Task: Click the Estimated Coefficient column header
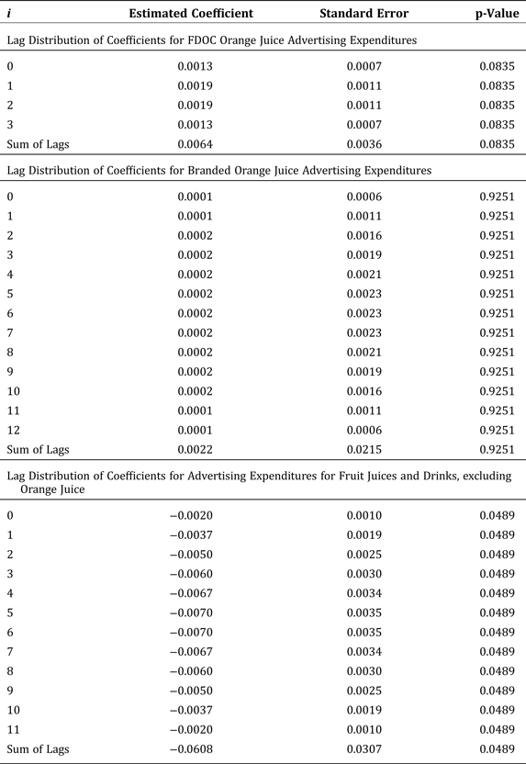click(191, 14)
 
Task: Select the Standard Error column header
click(364, 14)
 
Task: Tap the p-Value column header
click(498, 14)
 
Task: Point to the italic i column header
click(9, 14)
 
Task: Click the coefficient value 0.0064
click(195, 144)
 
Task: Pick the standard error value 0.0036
click(364, 144)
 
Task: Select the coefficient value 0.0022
click(195, 450)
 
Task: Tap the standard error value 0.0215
click(364, 450)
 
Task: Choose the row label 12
click(13, 430)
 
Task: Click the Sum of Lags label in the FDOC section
click(39, 144)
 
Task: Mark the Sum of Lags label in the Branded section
click(39, 450)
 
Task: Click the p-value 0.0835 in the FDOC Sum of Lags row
click(498, 144)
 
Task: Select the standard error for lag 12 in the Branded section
click(364, 430)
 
